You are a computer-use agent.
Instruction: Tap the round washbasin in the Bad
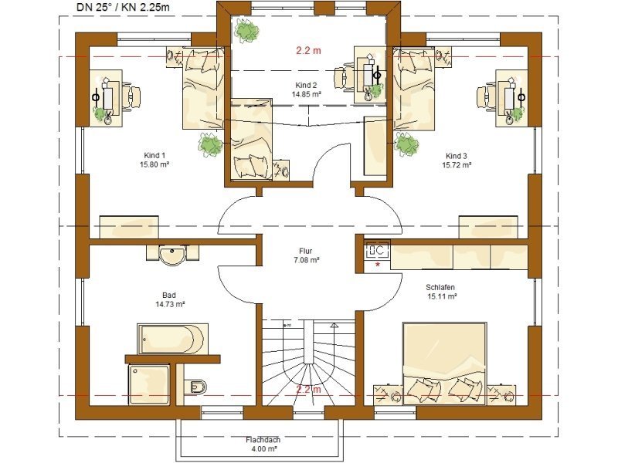[172, 255]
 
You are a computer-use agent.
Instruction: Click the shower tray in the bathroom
[149, 384]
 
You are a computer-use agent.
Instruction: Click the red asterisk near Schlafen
[378, 265]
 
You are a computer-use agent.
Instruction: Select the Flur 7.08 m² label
[306, 255]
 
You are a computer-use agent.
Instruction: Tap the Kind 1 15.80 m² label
[154, 160]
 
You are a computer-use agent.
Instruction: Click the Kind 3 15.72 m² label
[457, 160]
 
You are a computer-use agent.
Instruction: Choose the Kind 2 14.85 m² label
[306, 90]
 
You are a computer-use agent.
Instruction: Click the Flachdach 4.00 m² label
[263, 444]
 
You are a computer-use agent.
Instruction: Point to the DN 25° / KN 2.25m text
[123, 7]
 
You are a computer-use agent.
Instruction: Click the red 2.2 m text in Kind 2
[308, 50]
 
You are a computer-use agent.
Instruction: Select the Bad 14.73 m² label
[170, 299]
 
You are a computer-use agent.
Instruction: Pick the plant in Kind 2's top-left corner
[246, 30]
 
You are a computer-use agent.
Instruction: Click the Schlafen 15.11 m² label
[441, 292]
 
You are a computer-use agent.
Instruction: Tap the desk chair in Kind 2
[344, 79]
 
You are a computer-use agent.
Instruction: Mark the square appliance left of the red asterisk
[377, 250]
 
